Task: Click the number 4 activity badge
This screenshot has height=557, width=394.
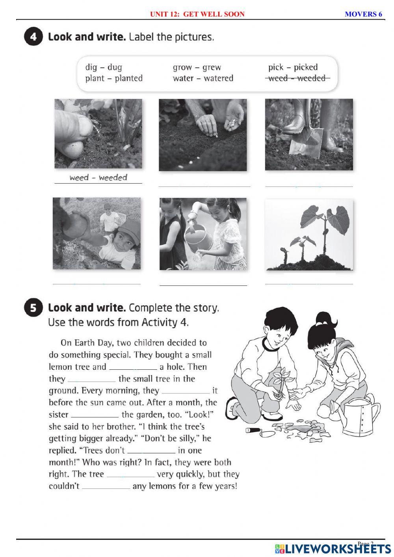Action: [33, 37]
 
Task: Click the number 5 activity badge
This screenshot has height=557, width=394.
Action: [33, 308]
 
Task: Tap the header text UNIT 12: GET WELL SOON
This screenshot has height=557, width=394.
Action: [197, 14]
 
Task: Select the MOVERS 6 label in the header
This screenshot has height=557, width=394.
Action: [363, 14]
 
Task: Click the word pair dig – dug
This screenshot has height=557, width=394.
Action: [104, 67]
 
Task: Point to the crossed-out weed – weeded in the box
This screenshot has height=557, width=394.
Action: [297, 78]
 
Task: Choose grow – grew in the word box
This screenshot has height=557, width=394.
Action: [197, 67]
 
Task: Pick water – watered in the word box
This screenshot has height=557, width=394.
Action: [203, 78]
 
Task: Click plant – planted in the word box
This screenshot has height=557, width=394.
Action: [114, 78]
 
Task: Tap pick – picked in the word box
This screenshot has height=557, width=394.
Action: [293, 67]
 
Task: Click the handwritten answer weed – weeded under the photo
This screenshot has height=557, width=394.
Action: [98, 178]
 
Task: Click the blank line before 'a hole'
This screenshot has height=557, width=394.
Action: [132, 367]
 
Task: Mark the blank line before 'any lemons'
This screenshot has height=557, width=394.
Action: [106, 487]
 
